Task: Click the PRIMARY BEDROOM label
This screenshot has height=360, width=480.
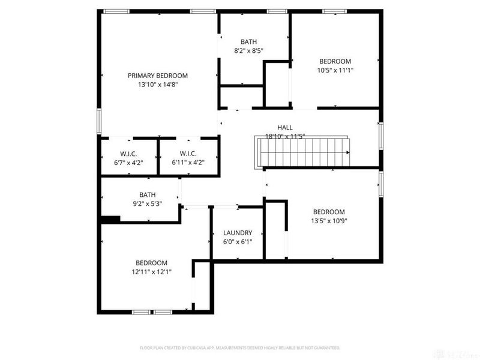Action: tap(157, 76)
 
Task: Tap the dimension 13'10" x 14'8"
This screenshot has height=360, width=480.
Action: tap(157, 85)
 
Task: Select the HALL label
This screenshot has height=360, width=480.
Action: tap(285, 127)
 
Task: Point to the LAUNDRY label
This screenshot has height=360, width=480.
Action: tap(238, 233)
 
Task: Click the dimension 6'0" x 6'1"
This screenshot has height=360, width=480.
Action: tap(238, 242)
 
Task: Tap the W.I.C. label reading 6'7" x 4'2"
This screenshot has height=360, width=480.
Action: tap(128, 154)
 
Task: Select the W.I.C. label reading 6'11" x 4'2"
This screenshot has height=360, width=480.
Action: tap(188, 154)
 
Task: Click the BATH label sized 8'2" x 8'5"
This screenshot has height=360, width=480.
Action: tap(248, 42)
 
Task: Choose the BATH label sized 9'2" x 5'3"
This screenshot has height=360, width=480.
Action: tap(148, 195)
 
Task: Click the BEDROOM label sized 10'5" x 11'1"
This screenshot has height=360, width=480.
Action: tap(335, 61)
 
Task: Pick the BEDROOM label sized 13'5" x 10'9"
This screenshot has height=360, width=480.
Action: tap(329, 212)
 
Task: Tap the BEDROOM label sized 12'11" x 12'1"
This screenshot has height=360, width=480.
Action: tap(151, 263)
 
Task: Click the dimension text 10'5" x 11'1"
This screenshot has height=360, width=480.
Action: tap(335, 70)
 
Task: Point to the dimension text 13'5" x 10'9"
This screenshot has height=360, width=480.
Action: tap(329, 221)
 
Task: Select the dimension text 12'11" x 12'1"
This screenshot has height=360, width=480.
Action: tap(151, 272)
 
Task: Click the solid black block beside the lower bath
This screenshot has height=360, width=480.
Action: tap(110, 220)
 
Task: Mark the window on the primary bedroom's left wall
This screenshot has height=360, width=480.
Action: tap(100, 121)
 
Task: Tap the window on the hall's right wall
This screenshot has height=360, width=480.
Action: tap(380, 136)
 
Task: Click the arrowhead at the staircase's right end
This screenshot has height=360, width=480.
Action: tap(347, 152)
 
